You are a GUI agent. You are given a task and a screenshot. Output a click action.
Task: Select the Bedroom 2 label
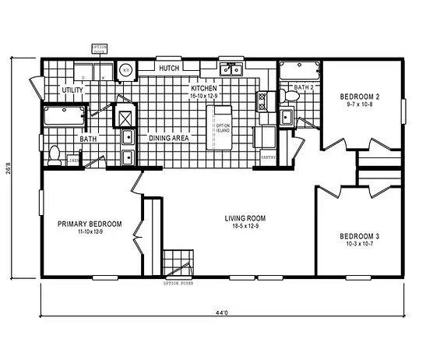coord(359,97)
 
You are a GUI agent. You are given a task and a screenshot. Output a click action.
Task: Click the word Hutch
coord(169,69)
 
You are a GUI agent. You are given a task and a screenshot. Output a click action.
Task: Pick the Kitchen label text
coord(204,89)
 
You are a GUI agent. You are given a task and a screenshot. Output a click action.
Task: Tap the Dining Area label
coord(170,137)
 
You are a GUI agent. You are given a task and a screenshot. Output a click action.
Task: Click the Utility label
coord(72,90)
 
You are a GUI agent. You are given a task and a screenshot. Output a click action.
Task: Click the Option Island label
coord(223,129)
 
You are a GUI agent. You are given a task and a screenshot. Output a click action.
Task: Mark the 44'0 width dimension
coord(222,313)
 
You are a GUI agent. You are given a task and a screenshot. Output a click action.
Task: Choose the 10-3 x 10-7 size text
coord(359,244)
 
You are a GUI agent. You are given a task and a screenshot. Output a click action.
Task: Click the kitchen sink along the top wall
coord(231,69)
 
